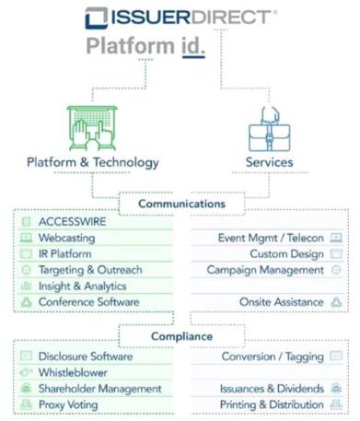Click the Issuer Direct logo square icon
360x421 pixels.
96,18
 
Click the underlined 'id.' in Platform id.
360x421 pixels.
193,46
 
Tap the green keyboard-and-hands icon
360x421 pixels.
92,128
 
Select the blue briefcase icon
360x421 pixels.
269,129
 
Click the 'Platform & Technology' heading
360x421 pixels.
93,162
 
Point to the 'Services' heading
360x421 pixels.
269,162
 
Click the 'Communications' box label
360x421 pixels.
182,204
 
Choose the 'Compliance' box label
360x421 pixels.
181,336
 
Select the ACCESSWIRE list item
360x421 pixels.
72,221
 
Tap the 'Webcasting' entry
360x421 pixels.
66,238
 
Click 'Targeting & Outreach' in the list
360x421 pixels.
90,270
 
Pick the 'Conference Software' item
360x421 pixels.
89,302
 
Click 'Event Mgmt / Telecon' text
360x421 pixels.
271,238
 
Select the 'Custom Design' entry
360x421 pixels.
286,254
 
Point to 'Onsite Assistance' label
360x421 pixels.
282,302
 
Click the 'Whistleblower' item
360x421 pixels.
73,372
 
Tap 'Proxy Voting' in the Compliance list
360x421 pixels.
68,404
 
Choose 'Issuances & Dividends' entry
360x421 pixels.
272,389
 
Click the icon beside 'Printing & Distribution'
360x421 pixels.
336,404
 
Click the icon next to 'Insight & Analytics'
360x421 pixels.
26,286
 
